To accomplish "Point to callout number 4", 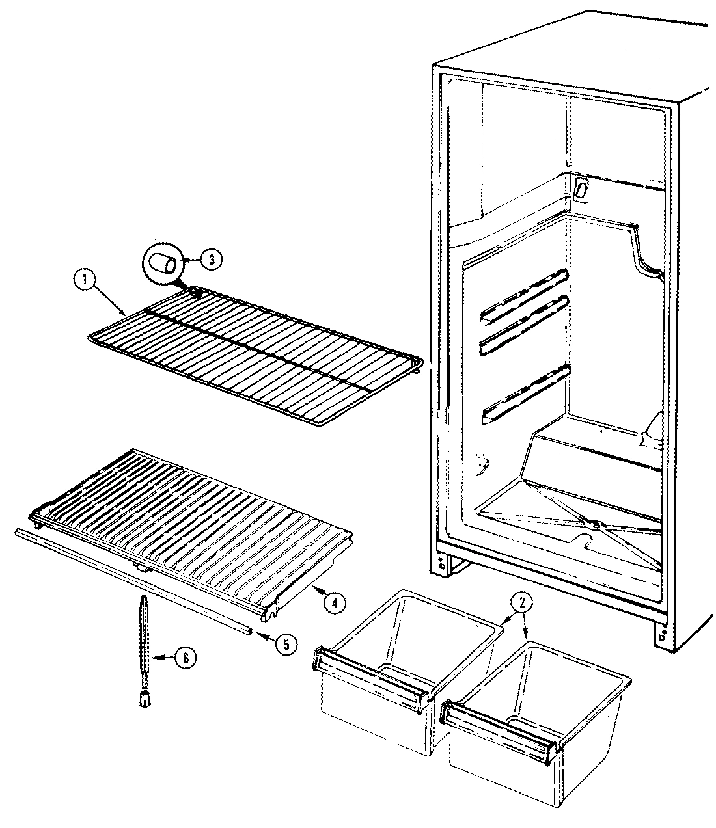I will (x=333, y=602).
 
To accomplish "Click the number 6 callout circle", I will (x=186, y=658).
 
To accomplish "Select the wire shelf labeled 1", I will (x=254, y=351).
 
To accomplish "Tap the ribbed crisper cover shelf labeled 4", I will (x=195, y=520).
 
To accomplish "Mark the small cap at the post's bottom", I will (x=143, y=699).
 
